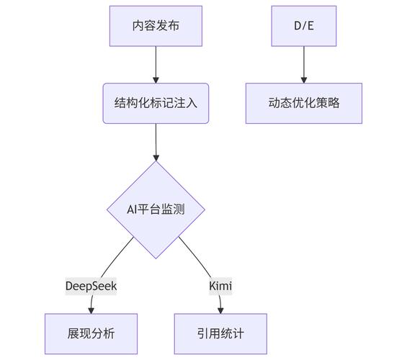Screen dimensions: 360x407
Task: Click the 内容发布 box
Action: [x=156, y=26]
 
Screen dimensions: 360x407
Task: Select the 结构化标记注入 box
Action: [x=156, y=102]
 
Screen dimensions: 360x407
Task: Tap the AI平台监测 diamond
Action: [x=156, y=210]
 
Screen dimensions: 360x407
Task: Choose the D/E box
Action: [x=303, y=26]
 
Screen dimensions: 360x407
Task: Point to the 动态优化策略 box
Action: [x=303, y=102]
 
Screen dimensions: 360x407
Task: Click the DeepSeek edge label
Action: [x=91, y=286]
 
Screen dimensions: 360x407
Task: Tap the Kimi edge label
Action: [x=220, y=286]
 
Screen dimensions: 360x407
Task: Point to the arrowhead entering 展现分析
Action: [x=91, y=310]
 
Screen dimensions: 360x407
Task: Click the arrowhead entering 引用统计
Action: [x=220, y=310]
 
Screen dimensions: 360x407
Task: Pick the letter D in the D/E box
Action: [x=296, y=26]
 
